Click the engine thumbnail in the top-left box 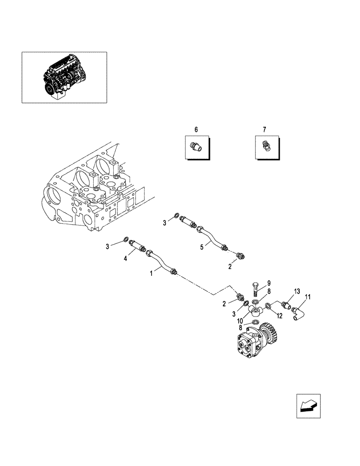(64, 77)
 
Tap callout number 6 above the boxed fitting (196, 129)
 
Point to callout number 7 (264, 129)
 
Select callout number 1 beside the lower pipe (152, 274)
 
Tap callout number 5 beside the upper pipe (202, 247)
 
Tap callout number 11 (308, 297)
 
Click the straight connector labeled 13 (285, 305)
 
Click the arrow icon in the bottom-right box (308, 406)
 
